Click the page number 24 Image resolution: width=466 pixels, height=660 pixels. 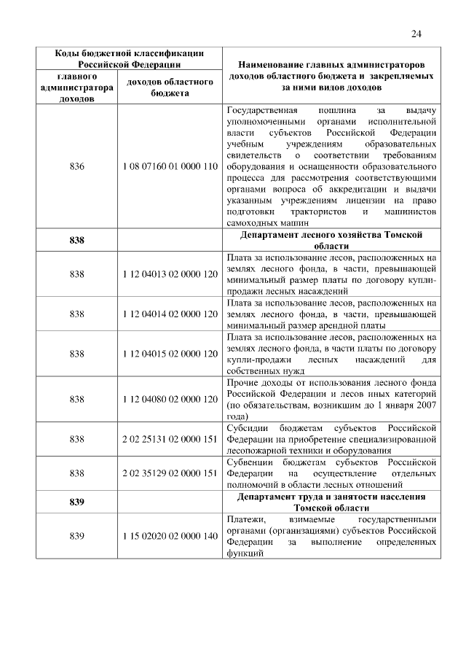pyautogui.click(x=416, y=34)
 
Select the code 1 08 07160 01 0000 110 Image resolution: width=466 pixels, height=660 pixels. pyautogui.click(x=170, y=167)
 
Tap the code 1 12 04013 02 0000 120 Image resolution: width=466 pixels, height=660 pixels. pyautogui.click(x=170, y=274)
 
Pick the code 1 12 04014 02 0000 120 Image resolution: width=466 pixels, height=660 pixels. pyautogui.click(x=170, y=314)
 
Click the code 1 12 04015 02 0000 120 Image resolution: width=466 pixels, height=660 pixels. pyautogui.click(x=170, y=354)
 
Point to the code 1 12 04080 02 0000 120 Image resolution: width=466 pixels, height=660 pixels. pyautogui.click(x=170, y=399)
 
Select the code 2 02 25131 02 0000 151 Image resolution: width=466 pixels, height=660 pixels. pyautogui.click(x=170, y=439)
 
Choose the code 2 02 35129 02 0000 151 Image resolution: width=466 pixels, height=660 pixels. pyautogui.click(x=170, y=473)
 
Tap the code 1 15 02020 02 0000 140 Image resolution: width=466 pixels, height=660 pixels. pyautogui.click(x=170, y=536)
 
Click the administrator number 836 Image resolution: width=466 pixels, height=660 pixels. pyautogui.click(x=76, y=167)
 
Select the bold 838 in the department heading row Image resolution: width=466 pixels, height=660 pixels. pyautogui.click(x=76, y=241)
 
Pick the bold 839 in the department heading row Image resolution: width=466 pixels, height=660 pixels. pyautogui.click(x=76, y=502)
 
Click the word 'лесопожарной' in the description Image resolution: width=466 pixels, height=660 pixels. pyautogui.click(x=254, y=450)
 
